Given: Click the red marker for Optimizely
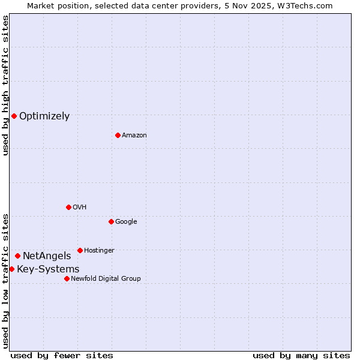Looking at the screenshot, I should (14, 116).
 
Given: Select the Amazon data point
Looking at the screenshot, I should (118, 135).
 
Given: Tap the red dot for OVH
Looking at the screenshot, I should (68, 207).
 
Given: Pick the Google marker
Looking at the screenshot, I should (111, 221).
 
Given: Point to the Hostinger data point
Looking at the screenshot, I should (80, 250).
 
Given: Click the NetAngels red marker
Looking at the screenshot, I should (17, 256).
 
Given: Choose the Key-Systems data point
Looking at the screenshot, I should (11, 269).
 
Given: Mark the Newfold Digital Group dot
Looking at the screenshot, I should (67, 278).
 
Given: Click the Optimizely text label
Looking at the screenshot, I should (44, 116).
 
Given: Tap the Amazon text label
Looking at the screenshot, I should (134, 136).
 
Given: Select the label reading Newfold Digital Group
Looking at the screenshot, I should (106, 278).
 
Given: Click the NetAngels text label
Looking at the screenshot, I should (47, 256).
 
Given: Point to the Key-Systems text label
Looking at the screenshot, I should (48, 269).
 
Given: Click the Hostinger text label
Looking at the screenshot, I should (99, 250).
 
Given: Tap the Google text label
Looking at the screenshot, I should (126, 222).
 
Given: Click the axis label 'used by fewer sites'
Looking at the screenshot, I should (62, 355).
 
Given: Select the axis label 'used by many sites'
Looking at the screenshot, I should (301, 355).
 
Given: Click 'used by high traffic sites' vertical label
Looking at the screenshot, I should (5, 85).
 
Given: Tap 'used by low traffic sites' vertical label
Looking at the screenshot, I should (5, 280).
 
